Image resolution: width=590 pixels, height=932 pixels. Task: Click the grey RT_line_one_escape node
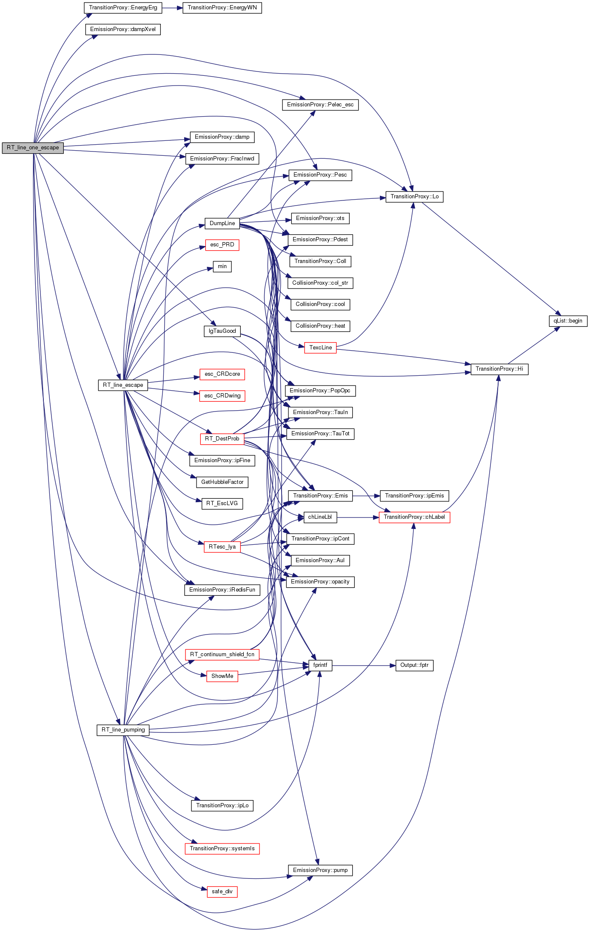[33, 148]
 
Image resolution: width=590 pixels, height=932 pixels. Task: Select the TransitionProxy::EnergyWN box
[222, 8]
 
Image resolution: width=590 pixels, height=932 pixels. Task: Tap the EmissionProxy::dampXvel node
[123, 29]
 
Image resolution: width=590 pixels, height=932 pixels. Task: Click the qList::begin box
[568, 321]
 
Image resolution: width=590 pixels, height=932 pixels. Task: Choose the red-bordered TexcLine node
[320, 348]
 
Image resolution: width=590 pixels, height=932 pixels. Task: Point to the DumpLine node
[222, 223]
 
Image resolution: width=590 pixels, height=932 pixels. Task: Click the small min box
[222, 266]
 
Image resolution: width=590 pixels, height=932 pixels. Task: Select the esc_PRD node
[222, 245]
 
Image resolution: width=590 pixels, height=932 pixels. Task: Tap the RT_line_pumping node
[123, 730]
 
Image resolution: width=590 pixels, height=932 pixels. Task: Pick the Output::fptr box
[414, 665]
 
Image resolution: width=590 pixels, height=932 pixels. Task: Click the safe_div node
[222, 892]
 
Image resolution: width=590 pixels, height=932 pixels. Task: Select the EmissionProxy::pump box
[320, 870]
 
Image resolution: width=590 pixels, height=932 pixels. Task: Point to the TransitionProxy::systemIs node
[222, 849]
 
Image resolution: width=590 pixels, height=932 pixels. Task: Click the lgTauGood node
[222, 331]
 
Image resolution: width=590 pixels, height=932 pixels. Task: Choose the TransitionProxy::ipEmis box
[414, 496]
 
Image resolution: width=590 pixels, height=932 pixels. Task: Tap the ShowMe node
[222, 676]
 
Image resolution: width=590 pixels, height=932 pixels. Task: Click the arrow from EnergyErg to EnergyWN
[172, 8]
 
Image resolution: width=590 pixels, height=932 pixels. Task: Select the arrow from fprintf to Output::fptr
[364, 665]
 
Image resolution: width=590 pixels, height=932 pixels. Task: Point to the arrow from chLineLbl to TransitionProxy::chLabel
[358, 517]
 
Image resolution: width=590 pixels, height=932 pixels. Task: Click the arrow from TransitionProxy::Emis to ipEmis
[366, 496]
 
